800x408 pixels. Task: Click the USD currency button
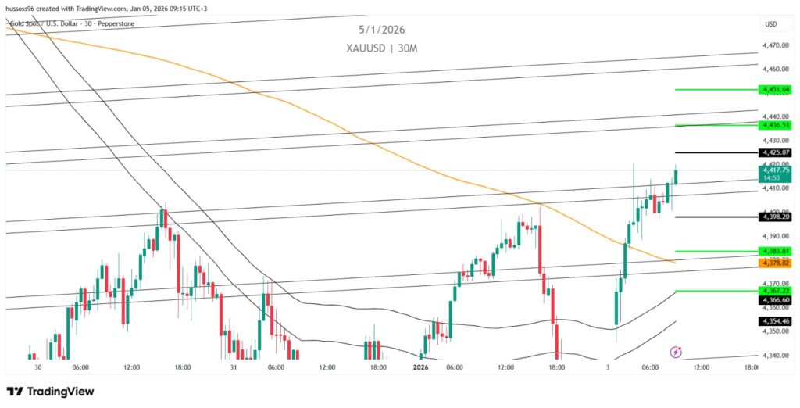[770, 24]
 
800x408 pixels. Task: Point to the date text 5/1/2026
[381, 30]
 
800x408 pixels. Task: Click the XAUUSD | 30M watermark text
[382, 48]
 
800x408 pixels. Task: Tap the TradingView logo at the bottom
[50, 391]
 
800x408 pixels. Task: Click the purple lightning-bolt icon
[676, 353]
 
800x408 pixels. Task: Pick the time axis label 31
[233, 367]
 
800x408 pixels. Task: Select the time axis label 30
[37, 367]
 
